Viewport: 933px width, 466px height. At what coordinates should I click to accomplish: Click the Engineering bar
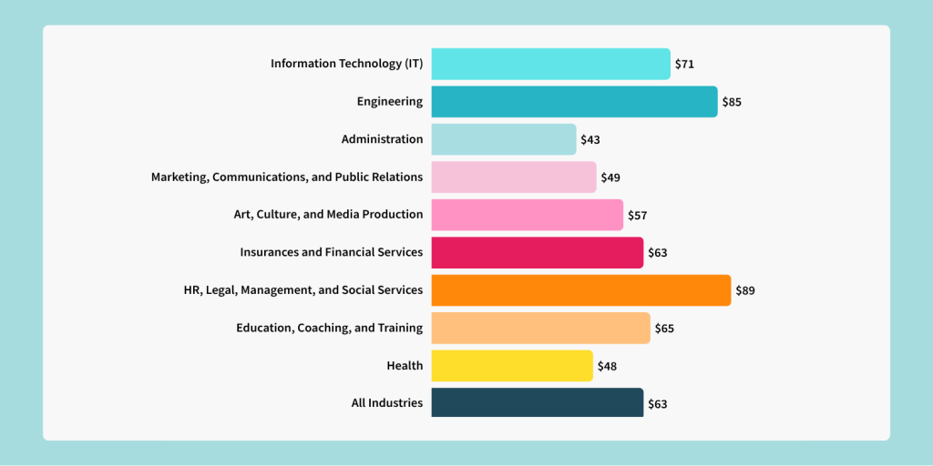pos(574,101)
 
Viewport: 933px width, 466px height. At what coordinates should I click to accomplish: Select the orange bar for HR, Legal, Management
pos(580,290)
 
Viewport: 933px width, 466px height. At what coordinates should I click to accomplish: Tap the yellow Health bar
pos(511,366)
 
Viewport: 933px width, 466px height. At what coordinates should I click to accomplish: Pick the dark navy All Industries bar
pos(537,402)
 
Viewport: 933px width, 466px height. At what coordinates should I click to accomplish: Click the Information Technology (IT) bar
pos(550,64)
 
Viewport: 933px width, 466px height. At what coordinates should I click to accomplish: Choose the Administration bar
pos(503,139)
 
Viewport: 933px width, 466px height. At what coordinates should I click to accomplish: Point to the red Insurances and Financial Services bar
pos(537,252)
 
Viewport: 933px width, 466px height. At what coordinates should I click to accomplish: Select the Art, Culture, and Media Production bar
pos(527,215)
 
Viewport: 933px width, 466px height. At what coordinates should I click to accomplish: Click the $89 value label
pos(745,290)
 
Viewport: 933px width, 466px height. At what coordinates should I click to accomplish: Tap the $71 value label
pos(684,64)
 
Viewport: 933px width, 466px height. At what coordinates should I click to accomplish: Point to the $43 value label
pos(590,139)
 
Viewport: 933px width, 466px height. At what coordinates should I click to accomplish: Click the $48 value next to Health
pos(607,366)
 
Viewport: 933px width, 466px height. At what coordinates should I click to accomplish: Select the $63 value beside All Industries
pos(657,403)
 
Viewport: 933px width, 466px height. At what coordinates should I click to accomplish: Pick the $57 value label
pos(637,215)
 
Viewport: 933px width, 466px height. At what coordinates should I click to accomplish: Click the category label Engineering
pos(390,101)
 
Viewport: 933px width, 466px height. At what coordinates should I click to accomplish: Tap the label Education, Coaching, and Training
pos(329,328)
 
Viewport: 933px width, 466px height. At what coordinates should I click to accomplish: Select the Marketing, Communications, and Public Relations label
pos(287,177)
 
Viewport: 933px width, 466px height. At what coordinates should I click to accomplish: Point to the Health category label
pos(405,366)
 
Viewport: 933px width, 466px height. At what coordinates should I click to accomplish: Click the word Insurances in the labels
pos(269,252)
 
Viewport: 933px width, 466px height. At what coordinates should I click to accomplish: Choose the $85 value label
pos(732,101)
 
